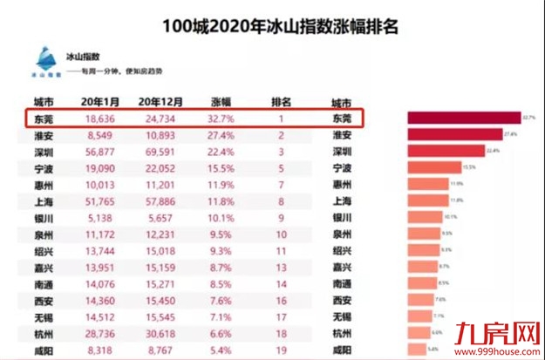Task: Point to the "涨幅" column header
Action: point(221,101)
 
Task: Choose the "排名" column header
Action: point(281,101)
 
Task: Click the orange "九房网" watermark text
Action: point(494,329)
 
